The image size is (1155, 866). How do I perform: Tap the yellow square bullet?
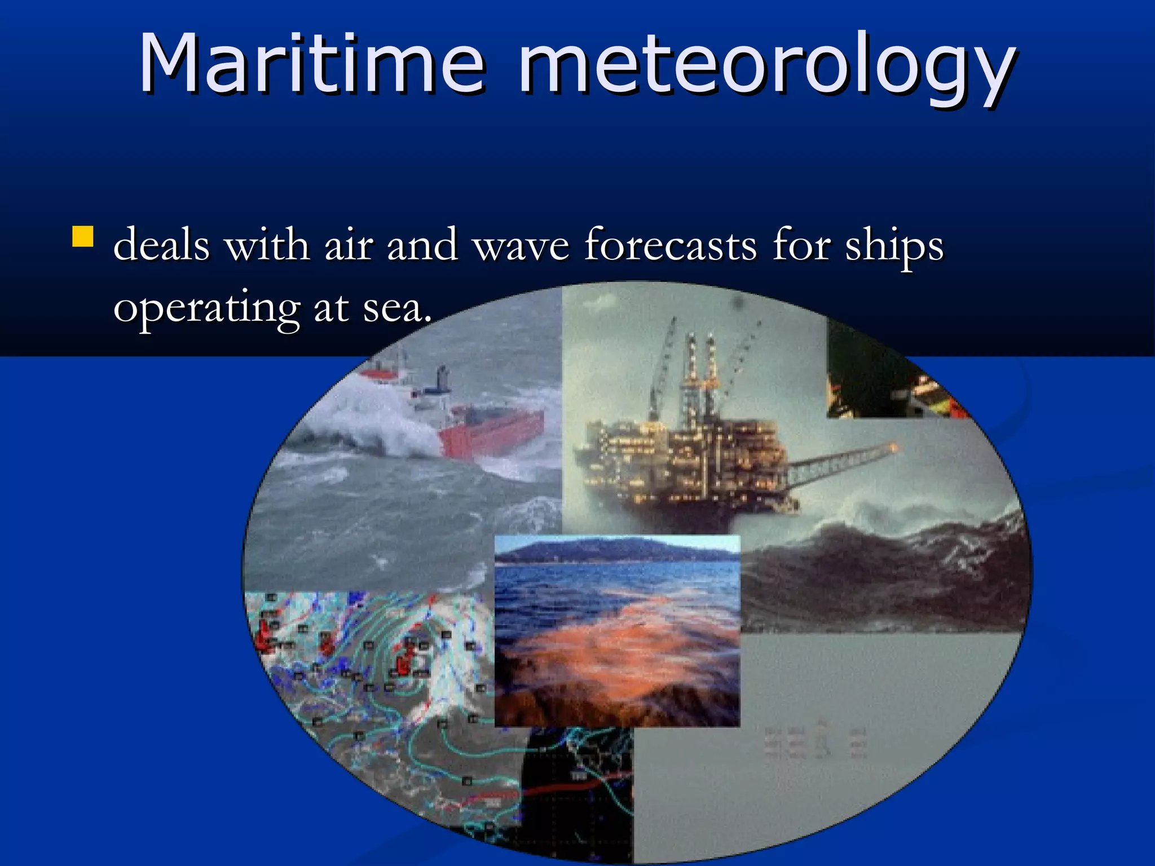point(83,237)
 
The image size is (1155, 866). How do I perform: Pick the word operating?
point(206,309)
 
